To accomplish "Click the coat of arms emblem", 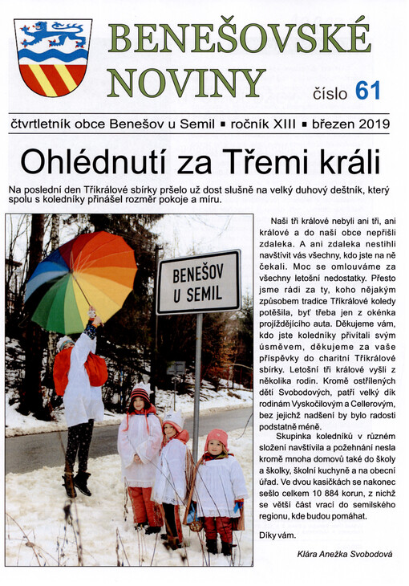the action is tap(53, 57).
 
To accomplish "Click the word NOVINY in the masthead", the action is tap(186, 83).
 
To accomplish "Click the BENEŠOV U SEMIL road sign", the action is tap(197, 282).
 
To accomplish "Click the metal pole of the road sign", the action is tap(197, 377).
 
